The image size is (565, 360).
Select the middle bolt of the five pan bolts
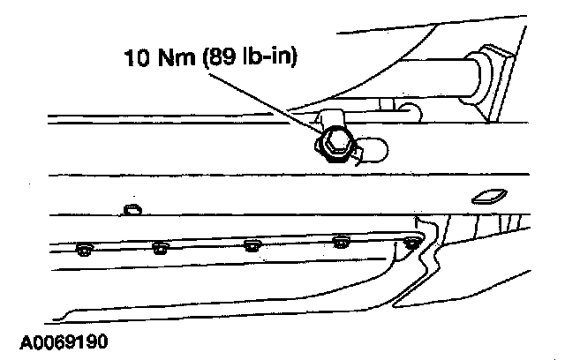pyautogui.click(x=250, y=244)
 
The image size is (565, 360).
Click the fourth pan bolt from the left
pyautogui.click(x=340, y=241)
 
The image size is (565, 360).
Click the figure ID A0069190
pyautogui.click(x=60, y=340)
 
